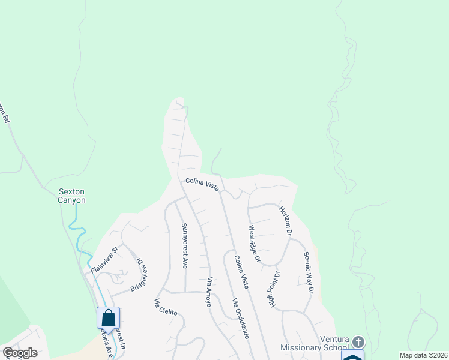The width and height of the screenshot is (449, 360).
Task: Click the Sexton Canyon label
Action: pyautogui.click(x=72, y=196)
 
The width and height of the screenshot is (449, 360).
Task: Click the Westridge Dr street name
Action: pyautogui.click(x=254, y=244)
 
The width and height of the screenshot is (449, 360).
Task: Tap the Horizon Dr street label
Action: pyautogui.click(x=285, y=221)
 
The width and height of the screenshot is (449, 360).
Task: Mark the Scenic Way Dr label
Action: pyautogui.click(x=309, y=272)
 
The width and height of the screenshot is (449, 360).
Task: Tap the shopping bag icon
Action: pyautogui.click(x=108, y=317)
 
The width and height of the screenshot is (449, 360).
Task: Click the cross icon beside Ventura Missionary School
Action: pyautogui.click(x=358, y=342)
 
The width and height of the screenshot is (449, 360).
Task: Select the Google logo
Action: pyautogui.click(x=20, y=353)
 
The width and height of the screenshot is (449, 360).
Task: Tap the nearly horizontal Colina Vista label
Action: pyautogui.click(x=202, y=184)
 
